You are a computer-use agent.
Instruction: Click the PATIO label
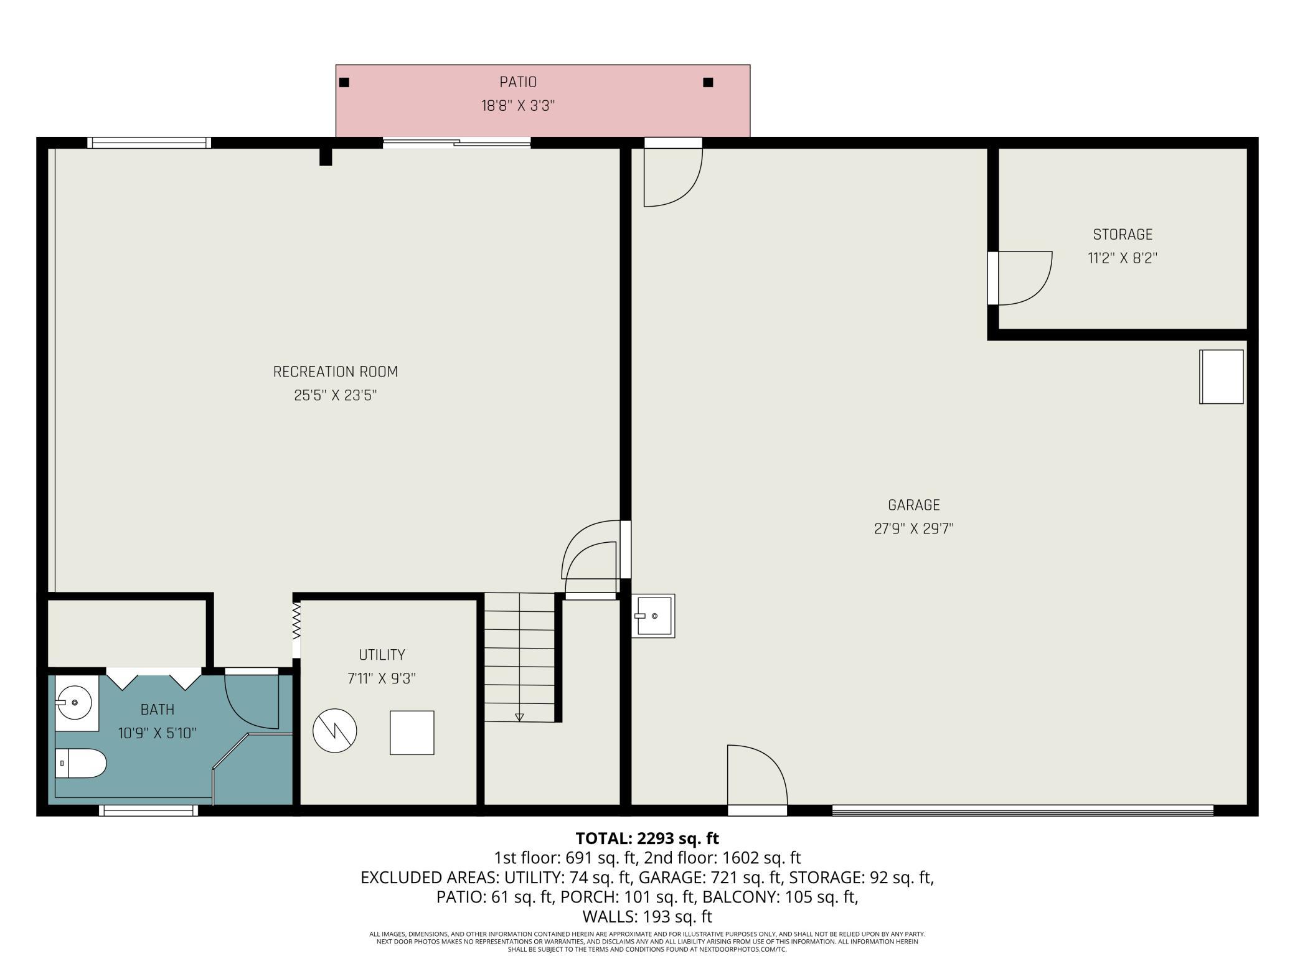(518, 82)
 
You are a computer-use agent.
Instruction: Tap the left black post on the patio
(344, 82)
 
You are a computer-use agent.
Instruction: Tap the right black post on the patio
(708, 82)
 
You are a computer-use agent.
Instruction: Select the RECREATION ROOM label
(336, 372)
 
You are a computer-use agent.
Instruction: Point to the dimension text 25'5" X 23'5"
(336, 395)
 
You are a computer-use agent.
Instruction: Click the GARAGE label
(914, 505)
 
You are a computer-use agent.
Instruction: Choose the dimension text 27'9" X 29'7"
(914, 528)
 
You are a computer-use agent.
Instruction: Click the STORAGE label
(1123, 235)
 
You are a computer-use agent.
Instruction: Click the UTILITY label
(382, 655)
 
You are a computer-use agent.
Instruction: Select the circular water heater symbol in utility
(335, 731)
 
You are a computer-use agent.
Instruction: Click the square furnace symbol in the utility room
(412, 733)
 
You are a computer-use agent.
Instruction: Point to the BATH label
(158, 710)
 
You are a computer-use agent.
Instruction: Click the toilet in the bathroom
(81, 763)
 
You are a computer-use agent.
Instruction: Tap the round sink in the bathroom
(75, 703)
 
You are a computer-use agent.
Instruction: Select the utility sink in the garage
(653, 616)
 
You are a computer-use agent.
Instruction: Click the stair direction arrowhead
(519, 717)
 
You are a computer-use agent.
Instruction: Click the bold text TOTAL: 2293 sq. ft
(647, 838)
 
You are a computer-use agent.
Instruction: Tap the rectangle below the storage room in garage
(1222, 377)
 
